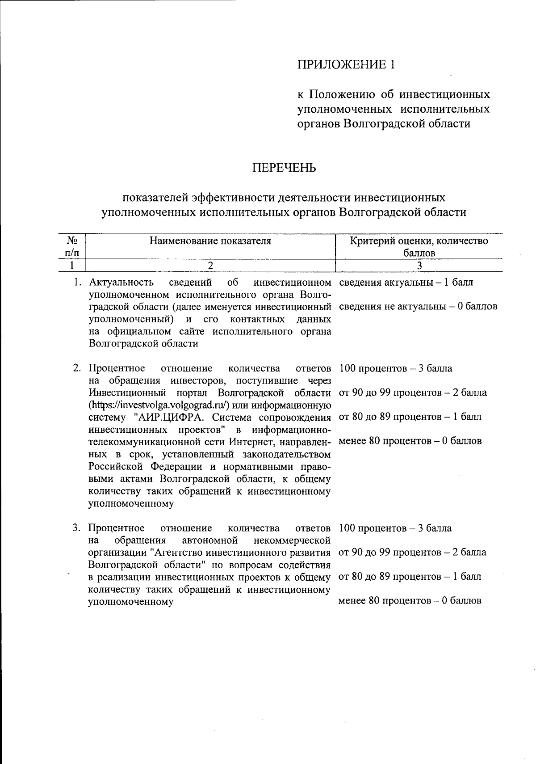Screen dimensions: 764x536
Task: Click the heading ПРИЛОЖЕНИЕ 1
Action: click(x=346, y=65)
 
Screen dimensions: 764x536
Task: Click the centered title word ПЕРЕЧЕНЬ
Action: click(x=284, y=168)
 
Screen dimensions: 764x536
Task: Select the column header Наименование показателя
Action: click(x=210, y=241)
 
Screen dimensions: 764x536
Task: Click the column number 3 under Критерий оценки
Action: click(x=419, y=266)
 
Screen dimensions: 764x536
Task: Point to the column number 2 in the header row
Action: click(x=210, y=266)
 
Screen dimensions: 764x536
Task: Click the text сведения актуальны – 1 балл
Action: click(x=406, y=283)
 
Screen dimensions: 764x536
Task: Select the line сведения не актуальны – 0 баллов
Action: click(x=418, y=307)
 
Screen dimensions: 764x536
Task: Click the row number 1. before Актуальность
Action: click(x=78, y=283)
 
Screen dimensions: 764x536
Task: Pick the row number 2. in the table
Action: click(x=77, y=369)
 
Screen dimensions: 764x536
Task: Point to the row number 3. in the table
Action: click(x=77, y=528)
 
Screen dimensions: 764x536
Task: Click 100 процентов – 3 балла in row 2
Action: click(x=395, y=369)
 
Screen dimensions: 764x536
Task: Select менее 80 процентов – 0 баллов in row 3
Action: click(x=410, y=601)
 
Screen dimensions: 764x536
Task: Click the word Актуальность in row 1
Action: click(x=121, y=283)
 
